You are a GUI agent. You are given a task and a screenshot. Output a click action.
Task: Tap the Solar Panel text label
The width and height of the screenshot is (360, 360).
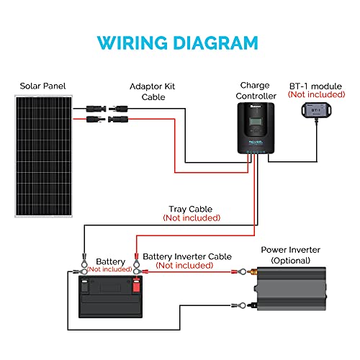43,86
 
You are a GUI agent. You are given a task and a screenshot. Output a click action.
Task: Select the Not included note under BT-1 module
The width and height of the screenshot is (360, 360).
315,94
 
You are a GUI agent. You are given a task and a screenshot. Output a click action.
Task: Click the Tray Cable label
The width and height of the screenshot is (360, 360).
189,209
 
